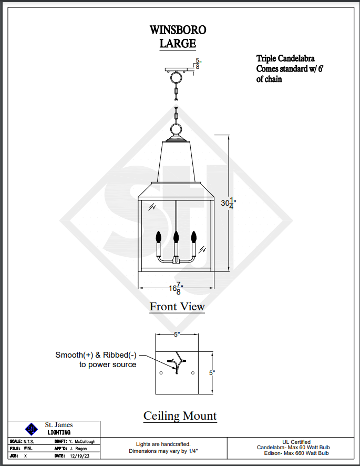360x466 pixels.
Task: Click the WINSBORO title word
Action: pyautogui.click(x=178, y=30)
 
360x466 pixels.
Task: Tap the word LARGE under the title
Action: pyautogui.click(x=178, y=43)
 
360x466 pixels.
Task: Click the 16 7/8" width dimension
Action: pyautogui.click(x=176, y=288)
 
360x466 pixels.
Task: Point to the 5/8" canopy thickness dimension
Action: pyautogui.click(x=198, y=64)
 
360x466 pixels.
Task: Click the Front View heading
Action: pyautogui.click(x=177, y=306)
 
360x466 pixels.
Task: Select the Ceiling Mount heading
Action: pyautogui.click(x=180, y=416)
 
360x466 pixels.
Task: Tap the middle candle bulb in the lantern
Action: pyautogui.click(x=177, y=237)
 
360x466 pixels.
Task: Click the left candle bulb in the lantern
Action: pyautogui.click(x=158, y=237)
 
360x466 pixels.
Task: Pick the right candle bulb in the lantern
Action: pyautogui.click(x=193, y=236)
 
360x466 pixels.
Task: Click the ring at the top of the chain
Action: pyautogui.click(x=176, y=78)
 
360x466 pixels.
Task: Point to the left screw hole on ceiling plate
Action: pyautogui.click(x=161, y=373)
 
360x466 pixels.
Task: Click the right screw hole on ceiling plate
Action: pyautogui.click(x=193, y=373)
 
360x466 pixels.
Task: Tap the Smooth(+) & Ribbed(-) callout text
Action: pyautogui.click(x=97, y=359)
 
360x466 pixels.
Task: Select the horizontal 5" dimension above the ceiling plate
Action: pyautogui.click(x=177, y=334)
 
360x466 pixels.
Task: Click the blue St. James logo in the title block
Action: pyautogui.click(x=31, y=428)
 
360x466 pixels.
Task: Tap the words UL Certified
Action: pyautogui.click(x=296, y=442)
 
